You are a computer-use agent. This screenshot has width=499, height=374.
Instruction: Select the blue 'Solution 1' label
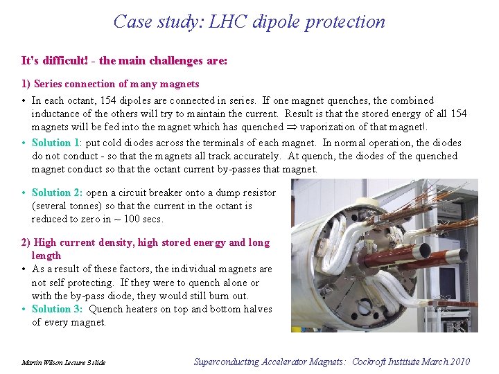(56, 143)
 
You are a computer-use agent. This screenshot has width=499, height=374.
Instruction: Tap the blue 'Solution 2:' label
(58, 193)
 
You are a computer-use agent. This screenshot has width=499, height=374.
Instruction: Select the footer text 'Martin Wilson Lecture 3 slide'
(63, 362)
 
